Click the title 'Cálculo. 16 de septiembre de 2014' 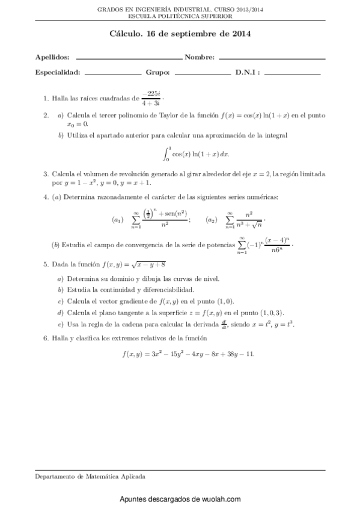pyautogui.click(x=180, y=35)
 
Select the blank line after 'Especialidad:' pyautogui.click(x=112, y=74)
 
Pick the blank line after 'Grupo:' pyautogui.click(x=202, y=74)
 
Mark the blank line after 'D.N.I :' pyautogui.click(x=292, y=74)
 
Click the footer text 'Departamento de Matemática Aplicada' pyautogui.click(x=90, y=476)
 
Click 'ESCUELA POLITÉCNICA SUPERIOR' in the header pyautogui.click(x=180, y=17)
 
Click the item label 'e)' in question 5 pyautogui.click(x=60, y=324)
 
